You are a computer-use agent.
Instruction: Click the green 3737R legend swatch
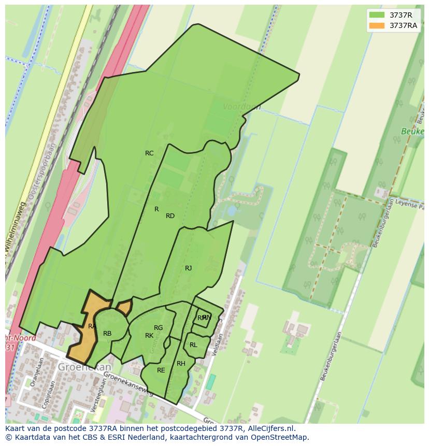point(377,15)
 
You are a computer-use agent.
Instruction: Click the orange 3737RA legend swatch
point(377,25)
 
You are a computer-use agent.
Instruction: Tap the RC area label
point(149,153)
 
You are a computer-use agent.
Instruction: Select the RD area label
point(170,216)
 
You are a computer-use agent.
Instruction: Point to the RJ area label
point(188,268)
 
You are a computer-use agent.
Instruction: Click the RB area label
point(107,334)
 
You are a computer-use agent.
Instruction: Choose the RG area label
point(159,328)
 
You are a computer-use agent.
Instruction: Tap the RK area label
point(149,336)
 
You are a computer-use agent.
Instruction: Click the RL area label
point(193,345)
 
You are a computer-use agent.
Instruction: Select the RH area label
point(181,364)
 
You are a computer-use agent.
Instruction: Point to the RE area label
point(161,370)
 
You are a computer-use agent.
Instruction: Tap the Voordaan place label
point(241,107)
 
